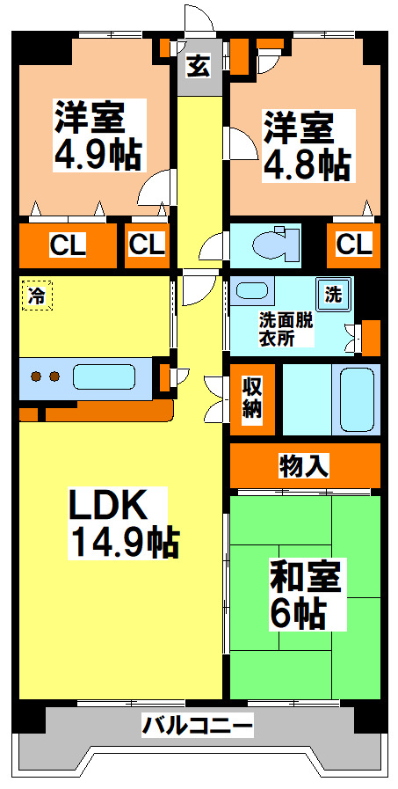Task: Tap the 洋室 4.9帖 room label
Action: pyautogui.click(x=98, y=135)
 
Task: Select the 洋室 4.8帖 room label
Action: pyautogui.click(x=307, y=145)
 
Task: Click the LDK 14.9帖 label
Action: pyautogui.click(x=124, y=522)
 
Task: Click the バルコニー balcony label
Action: pyautogui.click(x=199, y=727)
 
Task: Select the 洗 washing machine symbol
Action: pyautogui.click(x=335, y=294)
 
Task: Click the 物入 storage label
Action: pyautogui.click(x=304, y=465)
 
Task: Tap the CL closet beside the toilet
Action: pyautogui.click(x=353, y=245)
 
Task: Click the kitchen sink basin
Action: pyautogui.click(x=104, y=377)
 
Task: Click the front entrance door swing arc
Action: pyautogui.click(x=196, y=19)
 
